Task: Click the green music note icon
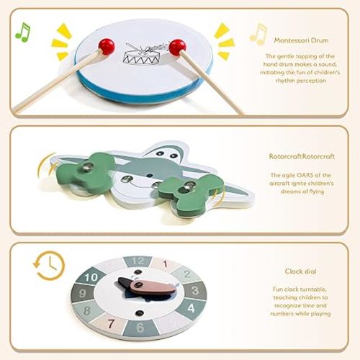tap(23, 32)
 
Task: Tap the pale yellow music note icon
tap(258, 34)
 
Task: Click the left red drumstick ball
tap(107, 46)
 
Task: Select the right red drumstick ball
tap(177, 48)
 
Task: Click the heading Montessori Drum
tap(301, 40)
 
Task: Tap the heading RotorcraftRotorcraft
tap(302, 156)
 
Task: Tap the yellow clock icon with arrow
tap(49, 266)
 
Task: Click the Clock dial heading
tap(300, 271)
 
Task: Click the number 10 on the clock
tap(91, 278)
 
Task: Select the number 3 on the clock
tap(195, 291)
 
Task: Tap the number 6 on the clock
tap(140, 328)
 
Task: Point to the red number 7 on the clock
tap(111, 324)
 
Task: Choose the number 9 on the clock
tap(82, 293)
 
